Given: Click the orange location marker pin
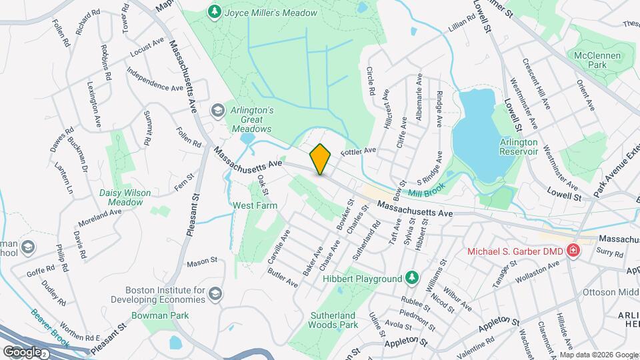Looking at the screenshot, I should coord(321,159).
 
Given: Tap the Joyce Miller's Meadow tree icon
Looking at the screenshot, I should coord(214,11).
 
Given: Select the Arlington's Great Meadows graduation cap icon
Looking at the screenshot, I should coord(217,109).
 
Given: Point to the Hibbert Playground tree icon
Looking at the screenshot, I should coord(413,277).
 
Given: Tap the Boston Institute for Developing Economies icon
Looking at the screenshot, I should coord(216,293).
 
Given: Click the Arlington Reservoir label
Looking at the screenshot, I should coord(519,147).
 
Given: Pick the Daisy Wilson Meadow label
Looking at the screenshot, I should coord(125,197).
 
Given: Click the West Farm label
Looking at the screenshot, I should coord(254,206).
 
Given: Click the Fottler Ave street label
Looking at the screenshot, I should coord(359,151).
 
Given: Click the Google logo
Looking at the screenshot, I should coord(22,351).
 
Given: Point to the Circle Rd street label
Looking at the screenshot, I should coord(371,81).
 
